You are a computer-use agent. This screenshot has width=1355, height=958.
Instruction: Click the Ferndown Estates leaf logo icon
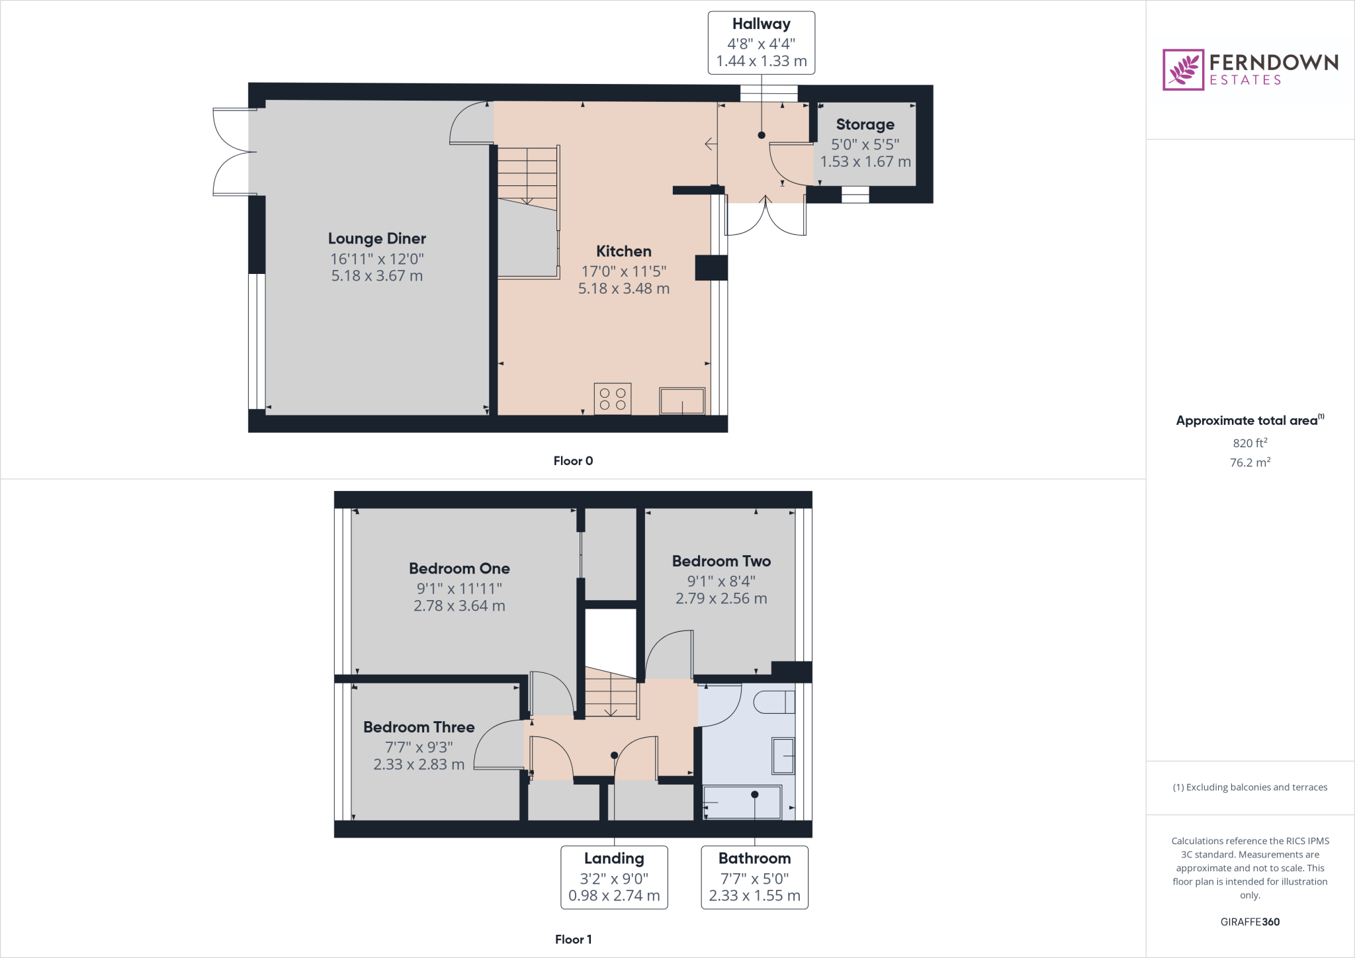[x=1183, y=69]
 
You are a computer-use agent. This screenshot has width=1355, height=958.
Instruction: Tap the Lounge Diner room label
[x=376, y=238]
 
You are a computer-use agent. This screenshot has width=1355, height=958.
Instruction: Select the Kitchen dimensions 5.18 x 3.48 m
[x=623, y=288]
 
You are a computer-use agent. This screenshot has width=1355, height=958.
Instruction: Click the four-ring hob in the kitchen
[x=612, y=399]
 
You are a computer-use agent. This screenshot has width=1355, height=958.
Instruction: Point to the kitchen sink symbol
[x=681, y=401]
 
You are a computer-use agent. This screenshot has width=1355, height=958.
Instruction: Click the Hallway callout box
[x=761, y=42]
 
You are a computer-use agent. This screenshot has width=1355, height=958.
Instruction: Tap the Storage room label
[x=865, y=124]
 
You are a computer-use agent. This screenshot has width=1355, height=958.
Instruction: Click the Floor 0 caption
[x=573, y=461]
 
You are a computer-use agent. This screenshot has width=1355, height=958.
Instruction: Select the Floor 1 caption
[x=573, y=939]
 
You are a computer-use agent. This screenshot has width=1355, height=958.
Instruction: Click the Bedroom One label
[x=459, y=568]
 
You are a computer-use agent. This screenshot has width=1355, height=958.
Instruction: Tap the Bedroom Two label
[x=721, y=561]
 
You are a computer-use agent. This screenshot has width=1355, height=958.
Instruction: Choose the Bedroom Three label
[x=419, y=727]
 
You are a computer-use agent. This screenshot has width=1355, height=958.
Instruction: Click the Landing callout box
[x=614, y=877]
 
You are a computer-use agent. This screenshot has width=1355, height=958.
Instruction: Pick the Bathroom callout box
[x=754, y=877]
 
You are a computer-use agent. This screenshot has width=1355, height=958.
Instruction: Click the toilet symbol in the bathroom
[x=774, y=702]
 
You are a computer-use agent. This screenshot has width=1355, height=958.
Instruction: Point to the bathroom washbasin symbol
[x=783, y=756]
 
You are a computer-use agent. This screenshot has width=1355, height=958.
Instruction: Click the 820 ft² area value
[x=1250, y=443]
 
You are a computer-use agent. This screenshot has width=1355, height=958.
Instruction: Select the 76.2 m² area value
[x=1250, y=462]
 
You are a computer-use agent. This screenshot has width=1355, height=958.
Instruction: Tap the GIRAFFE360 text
[x=1250, y=922]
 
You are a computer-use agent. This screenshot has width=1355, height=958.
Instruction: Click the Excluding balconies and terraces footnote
[x=1250, y=787]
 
